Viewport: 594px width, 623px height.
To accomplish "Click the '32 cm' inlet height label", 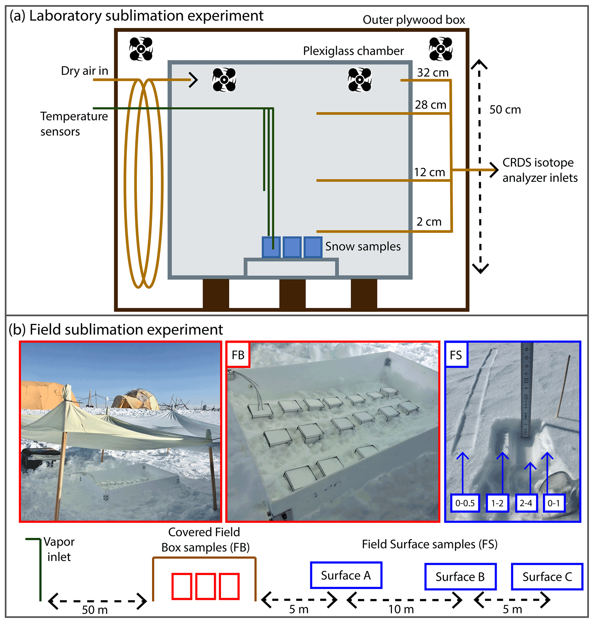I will tap(432, 72).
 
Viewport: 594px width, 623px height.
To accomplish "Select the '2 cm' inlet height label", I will tap(429, 222).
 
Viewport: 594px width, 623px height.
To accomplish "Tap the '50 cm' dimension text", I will tap(505, 110).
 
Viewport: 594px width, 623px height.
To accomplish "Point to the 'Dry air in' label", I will tap(84, 71).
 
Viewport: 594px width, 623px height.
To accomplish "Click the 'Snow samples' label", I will tap(363, 246).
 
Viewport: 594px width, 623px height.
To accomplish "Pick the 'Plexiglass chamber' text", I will tap(353, 51).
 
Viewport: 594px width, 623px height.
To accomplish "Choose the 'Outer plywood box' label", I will tap(414, 20).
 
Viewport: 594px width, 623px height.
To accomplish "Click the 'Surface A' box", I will tap(346, 576).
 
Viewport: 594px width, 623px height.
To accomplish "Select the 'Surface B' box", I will tap(460, 577).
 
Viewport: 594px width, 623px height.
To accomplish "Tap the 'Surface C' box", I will tap(547, 577).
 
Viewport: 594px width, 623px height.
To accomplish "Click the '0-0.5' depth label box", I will tap(465, 503).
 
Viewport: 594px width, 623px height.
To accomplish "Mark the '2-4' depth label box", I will tap(526, 503).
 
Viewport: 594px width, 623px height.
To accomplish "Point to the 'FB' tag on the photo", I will tap(238, 355).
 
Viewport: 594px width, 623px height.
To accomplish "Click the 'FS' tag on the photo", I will tap(456, 355).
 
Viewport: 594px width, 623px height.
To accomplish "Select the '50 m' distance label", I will tap(95, 610).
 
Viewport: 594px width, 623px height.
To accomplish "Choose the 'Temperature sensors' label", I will tap(74, 124).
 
